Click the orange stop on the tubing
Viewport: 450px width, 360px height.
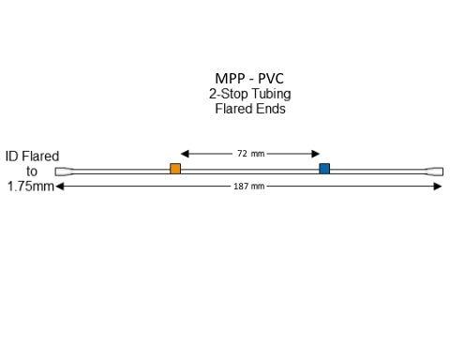pos(175,169)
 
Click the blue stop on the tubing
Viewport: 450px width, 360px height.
pos(324,169)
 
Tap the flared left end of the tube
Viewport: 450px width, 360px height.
pos(62,172)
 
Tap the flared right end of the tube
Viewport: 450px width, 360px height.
pos(435,172)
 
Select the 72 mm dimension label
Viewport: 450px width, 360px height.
pos(250,153)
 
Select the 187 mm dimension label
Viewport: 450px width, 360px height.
pos(248,187)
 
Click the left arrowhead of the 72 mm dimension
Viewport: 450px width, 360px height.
pos(185,153)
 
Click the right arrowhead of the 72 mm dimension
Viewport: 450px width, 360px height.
pos(317,153)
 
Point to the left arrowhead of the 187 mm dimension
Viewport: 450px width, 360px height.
pos(59,187)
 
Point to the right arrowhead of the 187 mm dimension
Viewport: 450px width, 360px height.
pos(438,187)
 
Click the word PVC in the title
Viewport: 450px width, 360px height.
pos(271,79)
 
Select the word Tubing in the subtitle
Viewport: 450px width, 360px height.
pos(271,95)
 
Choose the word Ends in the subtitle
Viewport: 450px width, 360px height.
pos(271,109)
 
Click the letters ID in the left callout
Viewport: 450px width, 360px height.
pos(12,157)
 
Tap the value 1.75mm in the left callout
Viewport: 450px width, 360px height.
pos(31,187)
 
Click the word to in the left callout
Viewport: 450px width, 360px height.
pos(32,172)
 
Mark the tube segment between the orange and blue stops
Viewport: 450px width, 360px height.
pos(249,170)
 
